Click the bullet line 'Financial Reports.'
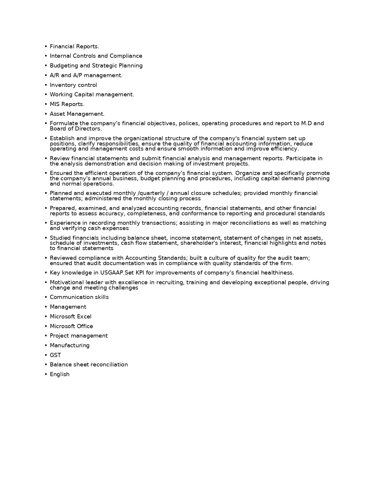point(74,47)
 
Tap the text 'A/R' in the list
point(55,75)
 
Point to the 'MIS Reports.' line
point(67,104)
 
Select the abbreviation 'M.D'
point(306,123)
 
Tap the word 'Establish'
point(62,138)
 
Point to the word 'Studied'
point(60,238)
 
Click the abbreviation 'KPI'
point(140,273)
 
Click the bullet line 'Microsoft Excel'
point(70,317)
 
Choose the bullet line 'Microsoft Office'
point(71,326)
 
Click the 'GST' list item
point(55,355)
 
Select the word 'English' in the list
point(60,374)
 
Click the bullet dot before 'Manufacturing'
point(46,346)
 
